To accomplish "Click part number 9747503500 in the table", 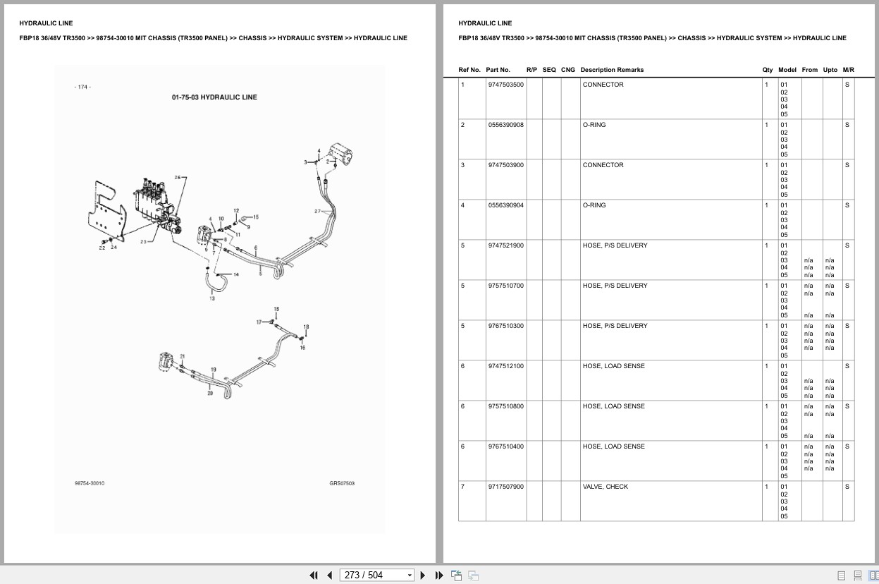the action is (x=505, y=85).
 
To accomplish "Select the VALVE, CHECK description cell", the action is (x=605, y=487).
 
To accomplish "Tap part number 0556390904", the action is (x=505, y=205).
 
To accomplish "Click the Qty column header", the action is (x=767, y=70).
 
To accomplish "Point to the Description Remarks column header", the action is (x=612, y=70).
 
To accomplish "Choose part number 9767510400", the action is (x=505, y=446).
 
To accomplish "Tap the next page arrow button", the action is (x=423, y=576).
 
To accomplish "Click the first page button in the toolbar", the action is (x=314, y=576).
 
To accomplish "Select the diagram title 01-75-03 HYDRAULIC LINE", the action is (x=214, y=97).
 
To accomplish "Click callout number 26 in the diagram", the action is (x=178, y=178).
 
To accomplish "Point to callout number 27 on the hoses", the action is (x=317, y=212).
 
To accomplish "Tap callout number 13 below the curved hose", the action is (x=212, y=298).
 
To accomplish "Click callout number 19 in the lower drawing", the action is (x=213, y=370).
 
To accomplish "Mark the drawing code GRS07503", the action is (x=342, y=483).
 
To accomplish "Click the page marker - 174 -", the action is (x=82, y=87).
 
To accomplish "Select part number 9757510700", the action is (x=505, y=286).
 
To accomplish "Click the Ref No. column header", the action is (x=469, y=70).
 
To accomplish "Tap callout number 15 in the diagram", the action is (x=256, y=217).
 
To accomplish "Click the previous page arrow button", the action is (x=330, y=576).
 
